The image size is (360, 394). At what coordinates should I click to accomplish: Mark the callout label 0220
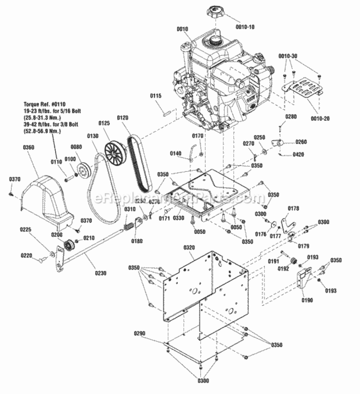[x=26, y=256]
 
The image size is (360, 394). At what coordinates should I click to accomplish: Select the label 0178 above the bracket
[x=293, y=209]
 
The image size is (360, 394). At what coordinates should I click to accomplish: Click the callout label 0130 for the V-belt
[x=92, y=136]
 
